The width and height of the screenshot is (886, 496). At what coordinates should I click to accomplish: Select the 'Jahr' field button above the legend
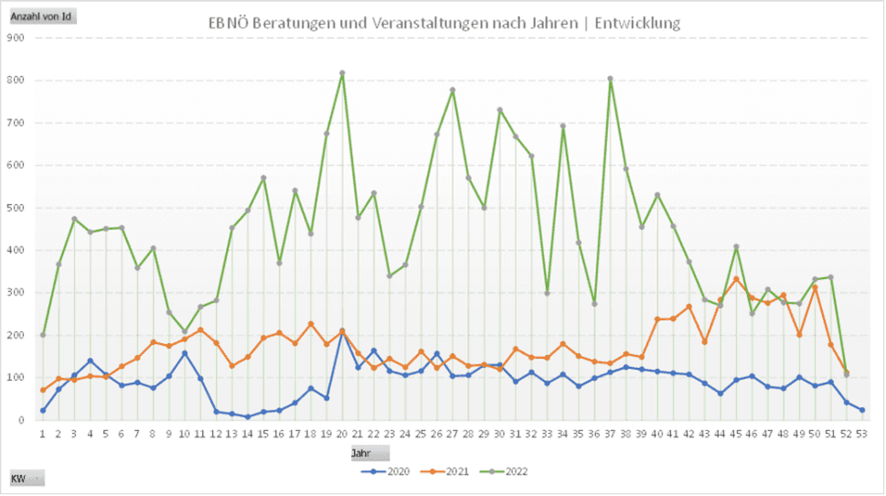coord(369,453)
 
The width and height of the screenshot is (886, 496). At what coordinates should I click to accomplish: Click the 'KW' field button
coord(26,479)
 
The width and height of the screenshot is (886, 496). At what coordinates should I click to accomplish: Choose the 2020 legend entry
coord(388,471)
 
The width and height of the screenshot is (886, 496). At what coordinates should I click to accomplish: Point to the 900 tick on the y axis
coord(16,38)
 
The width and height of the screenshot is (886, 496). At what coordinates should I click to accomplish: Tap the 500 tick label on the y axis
coord(16,208)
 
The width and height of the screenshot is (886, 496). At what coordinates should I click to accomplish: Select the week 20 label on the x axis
coord(342,434)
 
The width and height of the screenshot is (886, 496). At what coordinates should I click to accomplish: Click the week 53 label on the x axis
coord(861,434)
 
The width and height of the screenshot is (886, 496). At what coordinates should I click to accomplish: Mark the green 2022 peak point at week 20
coord(342,73)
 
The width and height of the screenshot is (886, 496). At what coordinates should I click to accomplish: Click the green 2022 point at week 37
coord(610,79)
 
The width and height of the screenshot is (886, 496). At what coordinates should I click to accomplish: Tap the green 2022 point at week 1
coord(42,335)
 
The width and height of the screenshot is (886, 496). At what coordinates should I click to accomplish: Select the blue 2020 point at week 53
coord(861,410)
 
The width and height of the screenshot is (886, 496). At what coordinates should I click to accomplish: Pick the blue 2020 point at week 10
coord(184,353)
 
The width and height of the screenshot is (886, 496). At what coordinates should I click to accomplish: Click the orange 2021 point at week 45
coord(736,279)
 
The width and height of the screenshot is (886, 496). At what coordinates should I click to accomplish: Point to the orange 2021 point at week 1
coord(42,390)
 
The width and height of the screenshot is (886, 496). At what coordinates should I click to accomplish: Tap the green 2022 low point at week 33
coord(547,293)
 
